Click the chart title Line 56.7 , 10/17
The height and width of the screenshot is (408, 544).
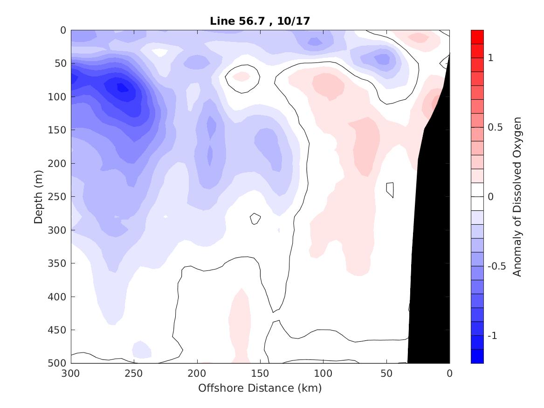coord(260,21)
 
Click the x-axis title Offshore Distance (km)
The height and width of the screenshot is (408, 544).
coord(260,388)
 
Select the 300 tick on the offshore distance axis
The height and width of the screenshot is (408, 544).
coord(71,373)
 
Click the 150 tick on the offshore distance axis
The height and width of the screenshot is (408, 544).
coord(260,373)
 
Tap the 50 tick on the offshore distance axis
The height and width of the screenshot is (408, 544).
coord(386,373)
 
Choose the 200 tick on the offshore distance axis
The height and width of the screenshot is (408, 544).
coord(197,373)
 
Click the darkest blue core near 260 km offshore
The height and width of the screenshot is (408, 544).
coord(122,87)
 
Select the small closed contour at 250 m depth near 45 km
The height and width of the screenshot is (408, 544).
coord(390,189)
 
